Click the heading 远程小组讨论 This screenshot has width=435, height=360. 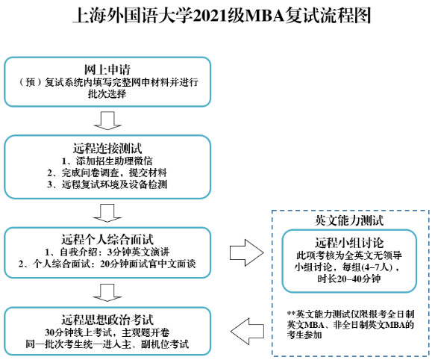[x=348, y=243]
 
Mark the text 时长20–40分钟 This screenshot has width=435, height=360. [x=348, y=279]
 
